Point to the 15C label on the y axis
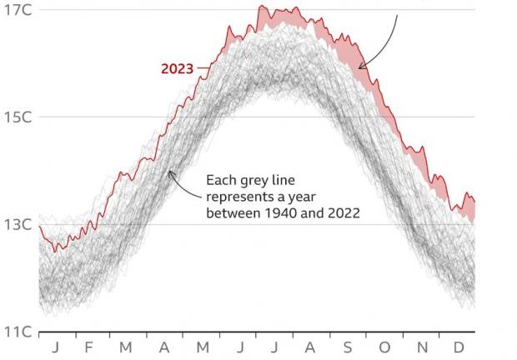(18, 117)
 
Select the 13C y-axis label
(18, 225)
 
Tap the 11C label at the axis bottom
(18, 332)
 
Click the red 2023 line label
(176, 69)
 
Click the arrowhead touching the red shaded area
(360, 67)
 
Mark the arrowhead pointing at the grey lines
(169, 172)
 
